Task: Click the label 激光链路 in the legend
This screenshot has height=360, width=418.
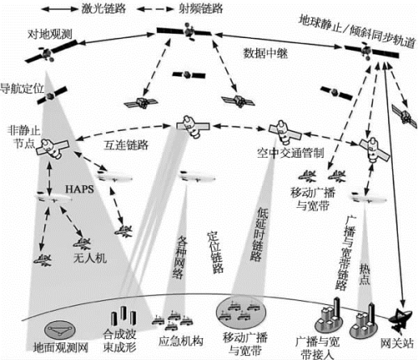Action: pos(103,9)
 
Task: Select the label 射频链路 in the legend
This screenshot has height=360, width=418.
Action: pos(201,9)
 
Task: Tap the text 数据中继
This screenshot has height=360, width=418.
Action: pos(265,53)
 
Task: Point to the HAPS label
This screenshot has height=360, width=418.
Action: pos(80,189)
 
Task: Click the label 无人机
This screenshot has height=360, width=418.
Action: pos(90,258)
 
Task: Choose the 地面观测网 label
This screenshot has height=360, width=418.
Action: pos(61,348)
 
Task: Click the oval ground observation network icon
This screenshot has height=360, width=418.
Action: pos(60,331)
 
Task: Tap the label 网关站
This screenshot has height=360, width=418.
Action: pos(397,343)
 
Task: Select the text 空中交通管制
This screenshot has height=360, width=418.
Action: pos(290,153)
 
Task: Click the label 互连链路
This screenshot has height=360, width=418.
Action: pos(126,145)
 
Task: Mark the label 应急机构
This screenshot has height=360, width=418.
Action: pos(180,341)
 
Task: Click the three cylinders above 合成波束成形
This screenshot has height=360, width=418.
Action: pos(124,316)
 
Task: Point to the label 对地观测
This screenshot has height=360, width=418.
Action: pos(50,35)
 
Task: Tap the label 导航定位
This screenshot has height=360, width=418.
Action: pos(22,89)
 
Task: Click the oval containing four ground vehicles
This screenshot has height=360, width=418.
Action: pos(241,312)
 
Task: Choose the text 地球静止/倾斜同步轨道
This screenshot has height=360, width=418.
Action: pos(357,32)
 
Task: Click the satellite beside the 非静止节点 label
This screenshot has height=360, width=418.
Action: pos(53,148)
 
